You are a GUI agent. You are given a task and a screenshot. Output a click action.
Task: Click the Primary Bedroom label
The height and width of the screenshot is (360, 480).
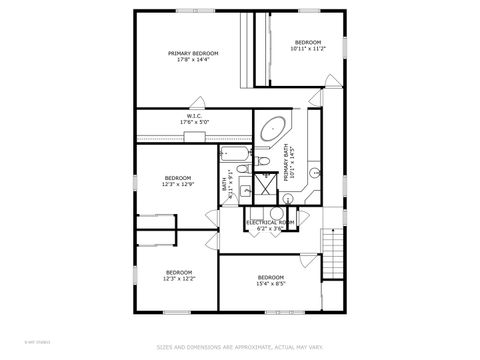pos(193,53)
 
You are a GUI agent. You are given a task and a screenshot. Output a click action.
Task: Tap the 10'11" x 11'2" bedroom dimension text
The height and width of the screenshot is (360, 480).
pos(306,47)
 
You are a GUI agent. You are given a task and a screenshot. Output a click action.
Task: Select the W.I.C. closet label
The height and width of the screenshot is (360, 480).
pos(194,115)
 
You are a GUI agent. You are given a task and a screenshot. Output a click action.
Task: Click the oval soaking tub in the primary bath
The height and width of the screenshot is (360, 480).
pos(271,129)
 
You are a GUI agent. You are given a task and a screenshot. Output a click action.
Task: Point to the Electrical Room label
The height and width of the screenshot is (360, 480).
pos(270,222)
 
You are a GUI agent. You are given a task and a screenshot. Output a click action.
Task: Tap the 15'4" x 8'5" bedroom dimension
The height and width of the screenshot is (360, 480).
pos(271,283)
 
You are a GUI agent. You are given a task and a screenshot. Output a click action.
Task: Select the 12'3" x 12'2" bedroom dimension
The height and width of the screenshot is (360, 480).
pos(179,279)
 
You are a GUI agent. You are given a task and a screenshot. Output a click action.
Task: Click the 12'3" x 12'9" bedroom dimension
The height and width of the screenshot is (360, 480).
pos(178,184)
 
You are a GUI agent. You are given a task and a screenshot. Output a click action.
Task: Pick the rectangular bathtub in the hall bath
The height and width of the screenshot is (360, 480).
pos(235,155)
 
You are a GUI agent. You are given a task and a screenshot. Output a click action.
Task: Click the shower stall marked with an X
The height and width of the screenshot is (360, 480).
pos(265,183)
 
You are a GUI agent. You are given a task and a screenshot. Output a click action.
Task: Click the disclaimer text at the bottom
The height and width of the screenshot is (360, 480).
pos(240,348)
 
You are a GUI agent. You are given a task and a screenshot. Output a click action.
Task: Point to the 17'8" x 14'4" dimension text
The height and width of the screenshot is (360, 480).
pos(193,60)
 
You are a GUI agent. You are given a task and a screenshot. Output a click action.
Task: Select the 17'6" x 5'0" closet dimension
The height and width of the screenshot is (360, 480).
pos(194,122)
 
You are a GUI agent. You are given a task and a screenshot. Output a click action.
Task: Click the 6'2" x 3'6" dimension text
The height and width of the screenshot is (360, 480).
pos(270,229)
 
